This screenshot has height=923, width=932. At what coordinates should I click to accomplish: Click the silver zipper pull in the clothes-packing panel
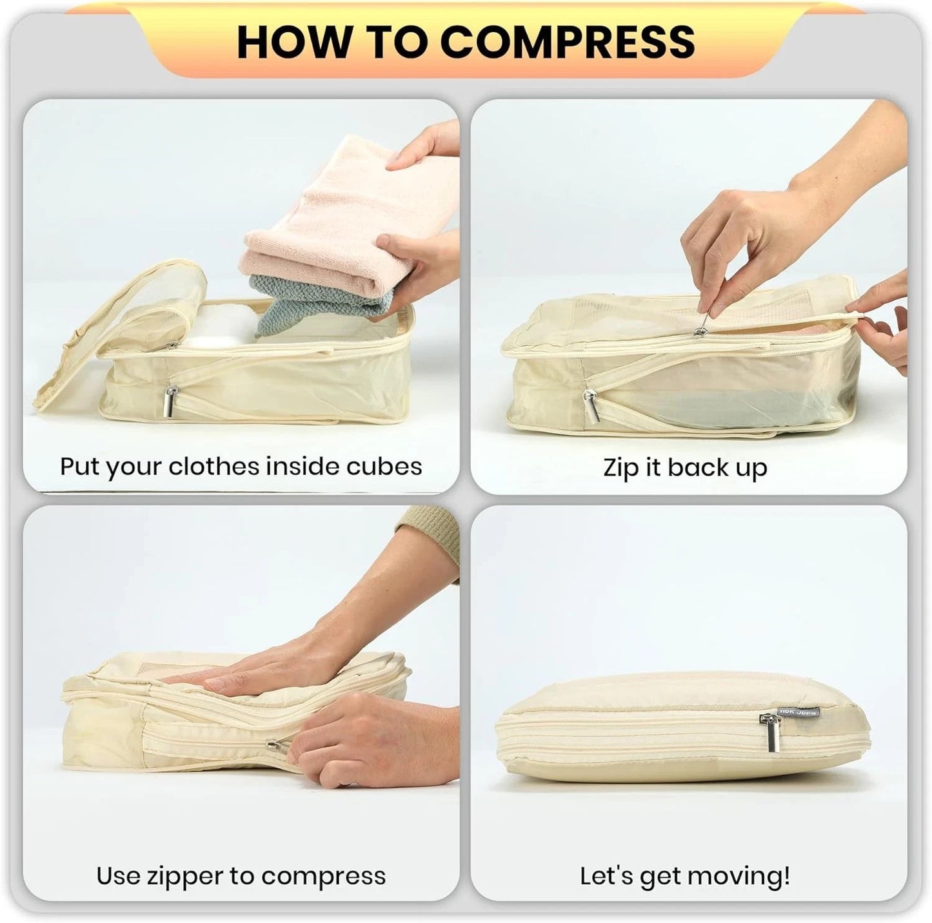(172, 402)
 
